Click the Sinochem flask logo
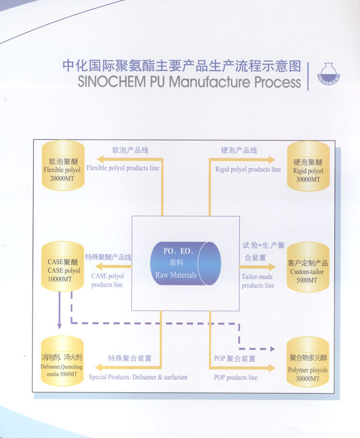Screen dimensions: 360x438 click(329, 74)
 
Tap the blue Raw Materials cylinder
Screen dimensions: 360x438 click(185, 263)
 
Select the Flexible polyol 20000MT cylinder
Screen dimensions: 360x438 click(63, 166)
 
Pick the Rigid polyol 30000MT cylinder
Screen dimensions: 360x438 click(308, 166)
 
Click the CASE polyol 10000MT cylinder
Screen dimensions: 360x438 click(62, 266)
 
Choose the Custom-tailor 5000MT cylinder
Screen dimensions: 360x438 click(308, 268)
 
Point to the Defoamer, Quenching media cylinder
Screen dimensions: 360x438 click(62, 361)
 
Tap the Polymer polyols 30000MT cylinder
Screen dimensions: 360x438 click(308, 362)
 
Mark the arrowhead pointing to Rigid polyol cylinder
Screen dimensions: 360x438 click(272, 160)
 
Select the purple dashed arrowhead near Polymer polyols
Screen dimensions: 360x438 click(272, 349)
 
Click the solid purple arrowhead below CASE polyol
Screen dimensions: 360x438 click(59, 326)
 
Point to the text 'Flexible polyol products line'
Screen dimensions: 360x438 click(122, 168)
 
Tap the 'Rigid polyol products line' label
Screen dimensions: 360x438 click(248, 169)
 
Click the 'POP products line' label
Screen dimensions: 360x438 click(236, 377)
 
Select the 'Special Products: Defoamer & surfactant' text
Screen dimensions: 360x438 click(138, 377)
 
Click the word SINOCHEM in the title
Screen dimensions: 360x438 click(112, 82)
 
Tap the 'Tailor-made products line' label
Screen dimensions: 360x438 click(258, 281)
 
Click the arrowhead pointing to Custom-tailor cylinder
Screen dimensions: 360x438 click(272, 267)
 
